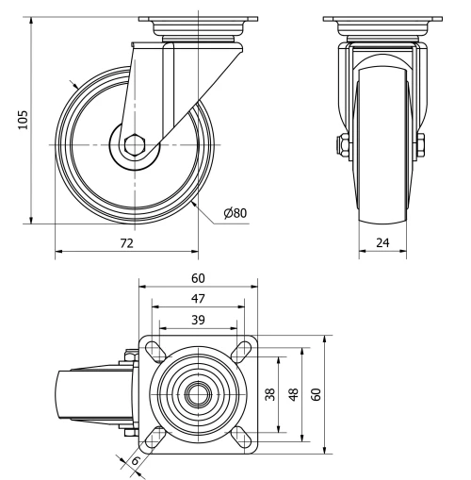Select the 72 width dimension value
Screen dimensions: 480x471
[x=126, y=243]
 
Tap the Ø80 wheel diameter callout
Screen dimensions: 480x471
[x=235, y=213]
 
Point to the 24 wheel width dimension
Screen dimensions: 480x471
[x=382, y=243]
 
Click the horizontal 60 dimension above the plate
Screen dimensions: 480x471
[x=198, y=279]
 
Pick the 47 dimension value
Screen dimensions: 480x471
[x=198, y=298]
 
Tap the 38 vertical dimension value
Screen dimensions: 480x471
[x=270, y=394]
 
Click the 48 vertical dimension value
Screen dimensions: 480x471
[x=293, y=394]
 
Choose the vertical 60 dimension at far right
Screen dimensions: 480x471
[x=316, y=394]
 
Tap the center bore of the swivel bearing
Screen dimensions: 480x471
[x=198, y=394]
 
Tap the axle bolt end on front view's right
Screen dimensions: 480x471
[x=420, y=146]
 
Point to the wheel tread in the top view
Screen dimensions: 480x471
[x=75, y=394]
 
